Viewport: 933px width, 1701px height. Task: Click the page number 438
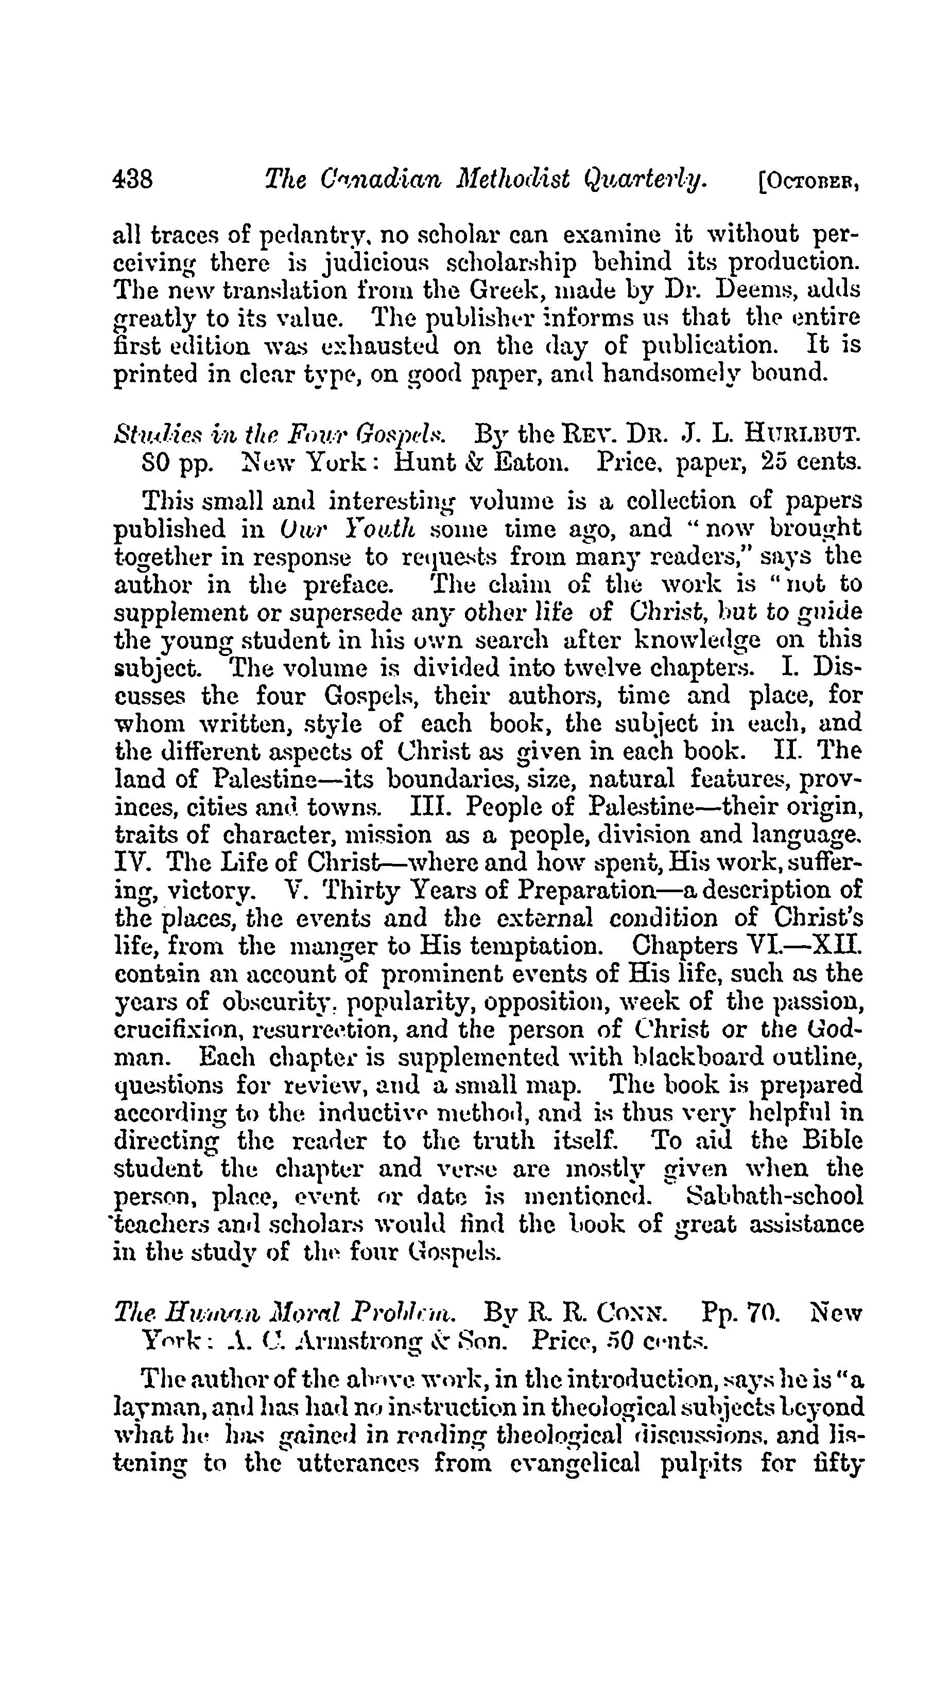(133, 179)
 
